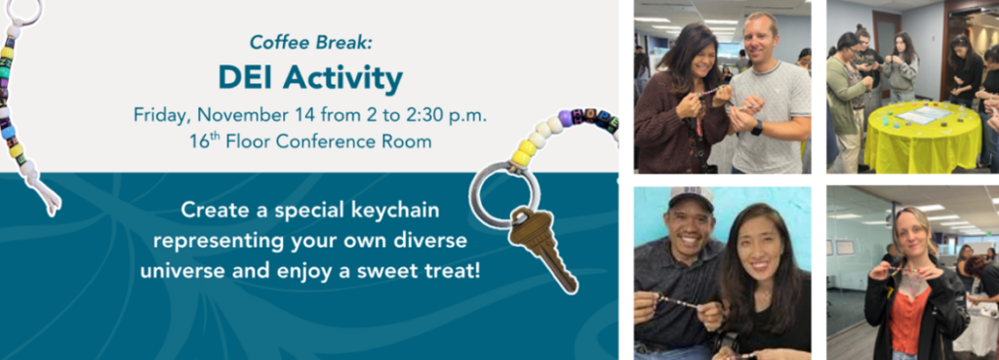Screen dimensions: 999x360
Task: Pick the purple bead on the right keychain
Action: point(565,118)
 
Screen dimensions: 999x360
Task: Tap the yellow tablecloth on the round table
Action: point(922,138)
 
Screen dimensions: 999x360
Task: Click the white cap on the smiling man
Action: point(692,197)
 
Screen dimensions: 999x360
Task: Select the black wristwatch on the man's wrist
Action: point(756,128)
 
